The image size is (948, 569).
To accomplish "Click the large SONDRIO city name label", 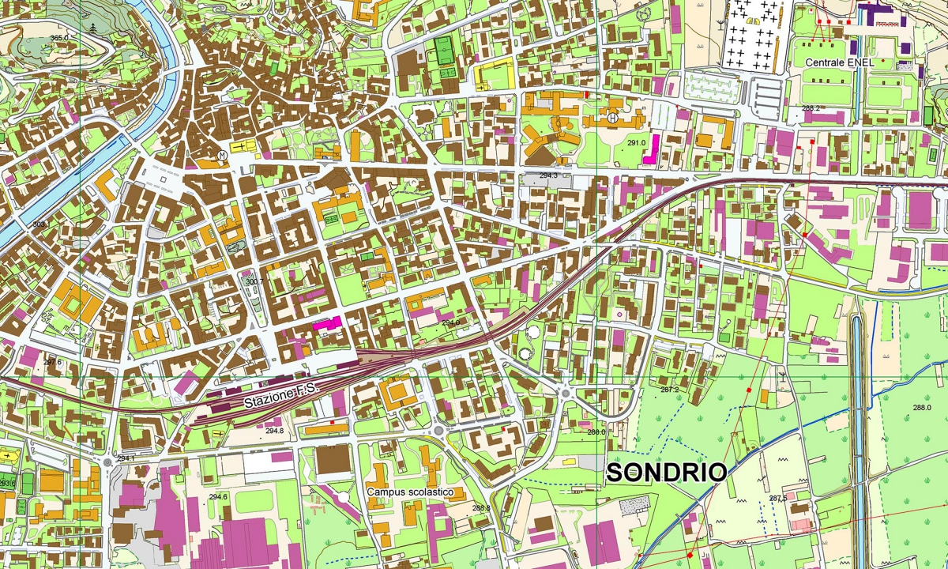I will click(666, 473).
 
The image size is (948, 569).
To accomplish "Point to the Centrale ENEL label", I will click(839, 62).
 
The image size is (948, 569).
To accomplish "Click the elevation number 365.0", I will click(59, 38).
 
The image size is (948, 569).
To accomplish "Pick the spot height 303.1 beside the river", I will click(39, 224).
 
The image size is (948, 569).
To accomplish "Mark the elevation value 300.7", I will click(254, 281).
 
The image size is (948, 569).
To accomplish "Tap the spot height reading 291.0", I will click(637, 143).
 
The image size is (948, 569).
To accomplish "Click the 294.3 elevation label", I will click(548, 175).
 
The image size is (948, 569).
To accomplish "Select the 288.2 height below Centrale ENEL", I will click(811, 108).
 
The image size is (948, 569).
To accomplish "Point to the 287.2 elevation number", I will click(669, 390).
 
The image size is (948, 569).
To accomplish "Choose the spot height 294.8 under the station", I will click(274, 431).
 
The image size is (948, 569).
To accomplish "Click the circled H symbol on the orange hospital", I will click(612, 119).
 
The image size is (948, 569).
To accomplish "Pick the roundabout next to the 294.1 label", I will click(107, 462).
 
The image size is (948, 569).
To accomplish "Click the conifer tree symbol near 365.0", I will click(93, 28).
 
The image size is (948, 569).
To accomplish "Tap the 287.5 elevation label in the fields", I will click(777, 499).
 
